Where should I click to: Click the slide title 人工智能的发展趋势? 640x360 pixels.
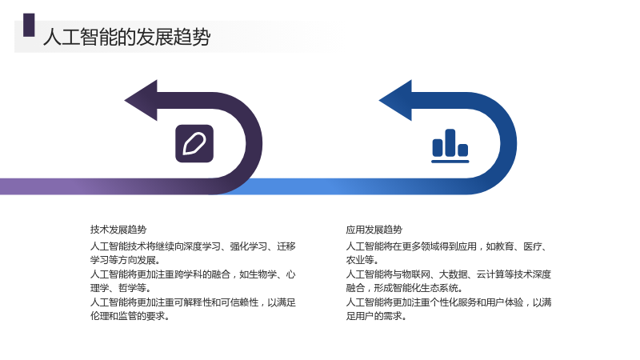tap(126, 37)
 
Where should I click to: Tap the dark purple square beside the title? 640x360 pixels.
tap(29, 26)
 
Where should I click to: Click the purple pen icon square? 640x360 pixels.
tap(194, 144)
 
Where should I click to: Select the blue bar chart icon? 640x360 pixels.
tap(450, 146)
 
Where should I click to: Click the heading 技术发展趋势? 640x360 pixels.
tap(118, 230)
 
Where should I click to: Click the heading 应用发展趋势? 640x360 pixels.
tap(374, 230)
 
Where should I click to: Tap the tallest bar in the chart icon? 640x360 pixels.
tap(450, 142)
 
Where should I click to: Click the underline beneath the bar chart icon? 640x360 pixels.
tap(450, 162)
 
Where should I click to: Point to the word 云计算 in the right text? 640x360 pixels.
tap(490, 274)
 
